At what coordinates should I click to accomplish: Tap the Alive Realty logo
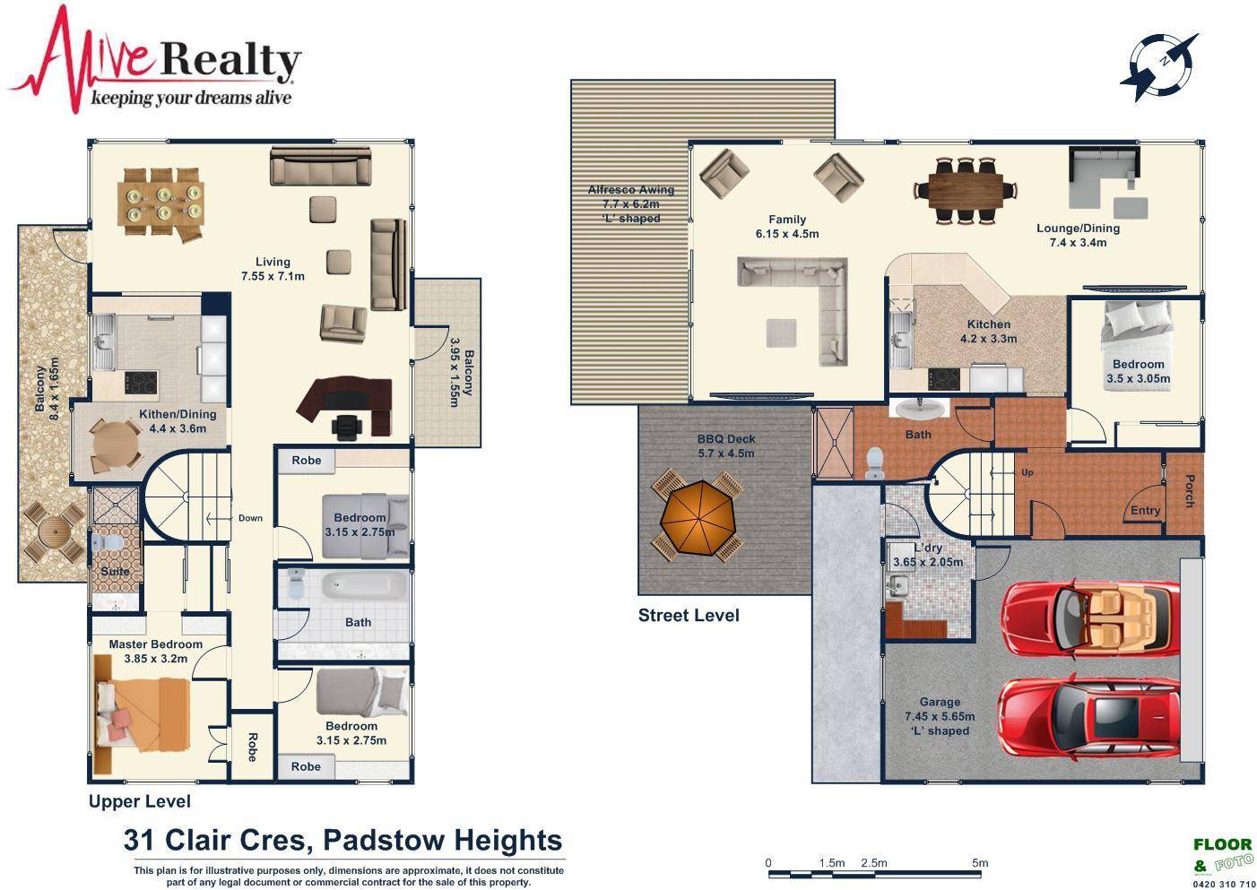(x=154, y=60)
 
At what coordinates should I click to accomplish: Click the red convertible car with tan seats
(x=1090, y=618)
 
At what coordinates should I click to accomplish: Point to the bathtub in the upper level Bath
(x=364, y=585)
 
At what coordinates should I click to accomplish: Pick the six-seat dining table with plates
(x=160, y=203)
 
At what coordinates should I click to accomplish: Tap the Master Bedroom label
(x=155, y=644)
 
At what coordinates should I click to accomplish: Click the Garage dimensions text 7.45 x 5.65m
(x=940, y=716)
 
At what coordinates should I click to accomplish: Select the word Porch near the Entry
(x=1189, y=490)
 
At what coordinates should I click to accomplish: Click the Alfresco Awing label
(x=631, y=189)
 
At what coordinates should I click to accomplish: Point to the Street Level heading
(x=689, y=615)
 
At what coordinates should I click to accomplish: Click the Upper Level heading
(x=140, y=801)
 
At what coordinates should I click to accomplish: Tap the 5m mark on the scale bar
(x=980, y=863)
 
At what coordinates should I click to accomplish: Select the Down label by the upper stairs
(x=250, y=518)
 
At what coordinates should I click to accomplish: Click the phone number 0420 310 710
(x=1223, y=885)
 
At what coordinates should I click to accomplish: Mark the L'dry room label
(x=928, y=548)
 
